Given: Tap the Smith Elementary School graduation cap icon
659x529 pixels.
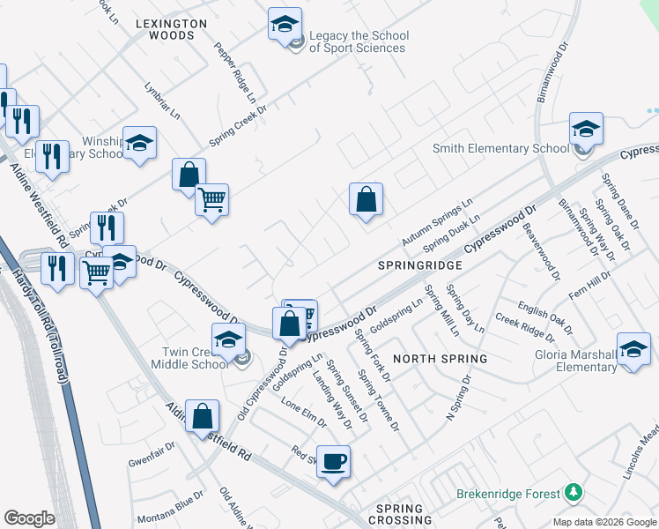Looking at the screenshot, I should (x=585, y=129).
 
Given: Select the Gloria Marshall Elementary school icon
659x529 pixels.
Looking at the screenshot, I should (x=633, y=349).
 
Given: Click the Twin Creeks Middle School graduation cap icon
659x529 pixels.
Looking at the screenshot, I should (x=228, y=339).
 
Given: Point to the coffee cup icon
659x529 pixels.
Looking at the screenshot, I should (x=333, y=461).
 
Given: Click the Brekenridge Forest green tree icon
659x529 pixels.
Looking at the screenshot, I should (x=574, y=490).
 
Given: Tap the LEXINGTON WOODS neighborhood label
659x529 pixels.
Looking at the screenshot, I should (x=172, y=29).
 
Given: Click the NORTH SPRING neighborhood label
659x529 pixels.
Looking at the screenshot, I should (x=440, y=358).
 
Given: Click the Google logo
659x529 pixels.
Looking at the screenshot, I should (x=29, y=518).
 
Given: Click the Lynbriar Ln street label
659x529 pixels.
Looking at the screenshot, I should (x=162, y=101).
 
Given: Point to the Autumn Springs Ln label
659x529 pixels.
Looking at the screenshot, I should (x=437, y=221).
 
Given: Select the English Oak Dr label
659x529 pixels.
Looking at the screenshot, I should (x=544, y=318).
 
